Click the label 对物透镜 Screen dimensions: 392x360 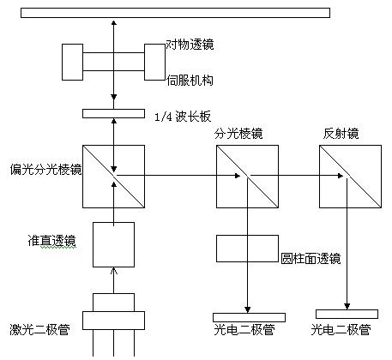pyautogui.click(x=190, y=45)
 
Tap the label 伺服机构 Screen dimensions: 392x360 pyautogui.click(x=190, y=81)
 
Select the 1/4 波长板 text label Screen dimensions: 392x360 pyautogui.click(x=183, y=117)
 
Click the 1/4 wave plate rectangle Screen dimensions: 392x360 pyautogui.click(x=113, y=113)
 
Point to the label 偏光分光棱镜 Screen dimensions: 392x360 pyautogui.click(x=45, y=170)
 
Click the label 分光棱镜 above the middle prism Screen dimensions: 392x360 pyautogui.click(x=238, y=134)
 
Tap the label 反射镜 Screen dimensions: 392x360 pyautogui.click(x=341, y=134)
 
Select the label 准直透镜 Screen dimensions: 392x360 pyautogui.click(x=52, y=241)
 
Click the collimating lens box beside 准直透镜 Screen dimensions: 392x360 pyautogui.click(x=113, y=244)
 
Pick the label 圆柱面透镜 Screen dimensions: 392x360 pyautogui.click(x=311, y=259)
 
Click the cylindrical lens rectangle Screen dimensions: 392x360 pyautogui.click(x=247, y=249)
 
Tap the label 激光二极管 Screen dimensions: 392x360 pyautogui.click(x=39, y=329)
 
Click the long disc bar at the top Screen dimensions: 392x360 pyautogui.click(x=175, y=13)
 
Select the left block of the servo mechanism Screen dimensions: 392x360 pyautogui.click(x=72, y=62)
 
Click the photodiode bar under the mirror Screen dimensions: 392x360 pyautogui.click(x=347, y=314)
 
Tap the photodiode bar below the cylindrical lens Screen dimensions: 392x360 pyautogui.click(x=249, y=317)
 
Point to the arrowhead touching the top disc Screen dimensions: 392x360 pyautogui.click(x=114, y=23)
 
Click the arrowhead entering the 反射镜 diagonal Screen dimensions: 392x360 pyautogui.click(x=341, y=176)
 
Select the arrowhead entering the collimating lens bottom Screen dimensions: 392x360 pyautogui.click(x=114, y=271)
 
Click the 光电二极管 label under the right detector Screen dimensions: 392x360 pyautogui.click(x=341, y=329)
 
